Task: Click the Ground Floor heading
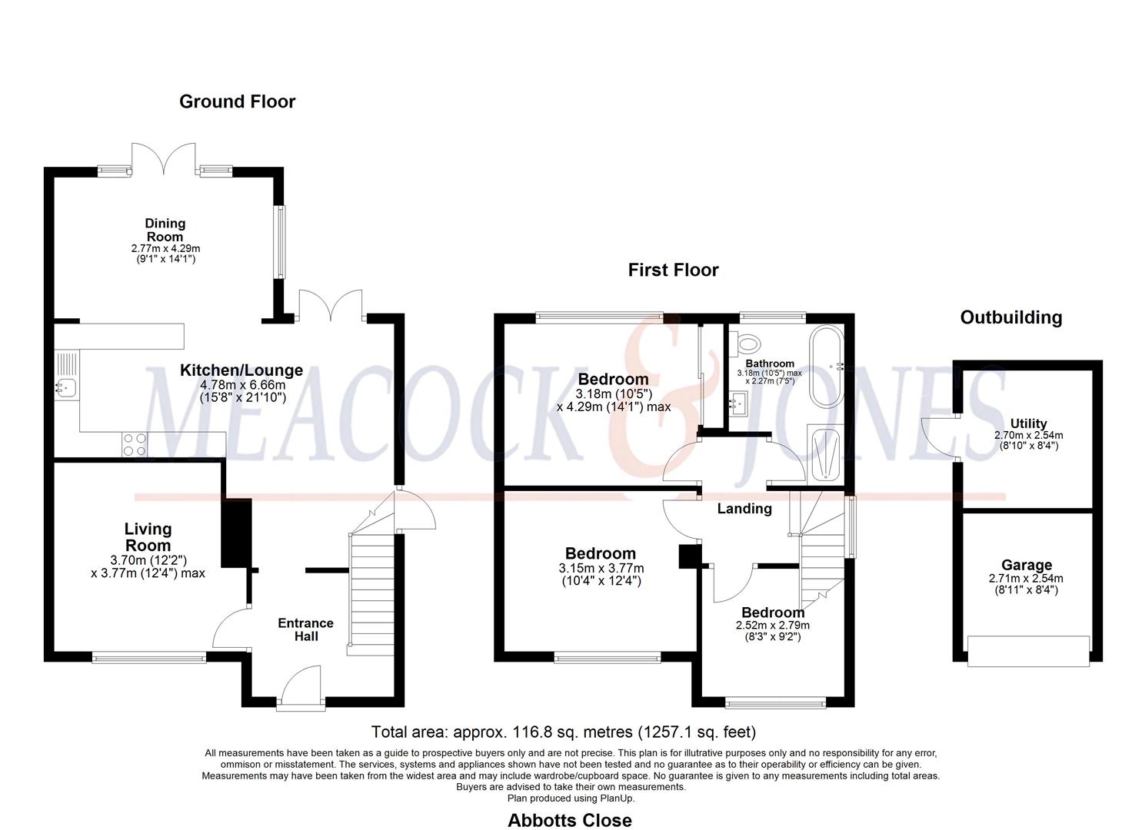tap(237, 101)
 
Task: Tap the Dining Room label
tap(165, 230)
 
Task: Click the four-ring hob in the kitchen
tap(135, 444)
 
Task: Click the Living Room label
tap(148, 537)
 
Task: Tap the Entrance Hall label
tap(305, 629)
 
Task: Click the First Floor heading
tap(673, 270)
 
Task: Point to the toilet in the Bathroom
tap(746, 340)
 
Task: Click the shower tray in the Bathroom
tap(827, 454)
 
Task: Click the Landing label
tap(744, 509)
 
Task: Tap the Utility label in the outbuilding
tap(1028, 423)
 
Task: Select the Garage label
tap(1026, 565)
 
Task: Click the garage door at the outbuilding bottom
tap(1028, 651)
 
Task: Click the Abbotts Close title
tap(569, 820)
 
